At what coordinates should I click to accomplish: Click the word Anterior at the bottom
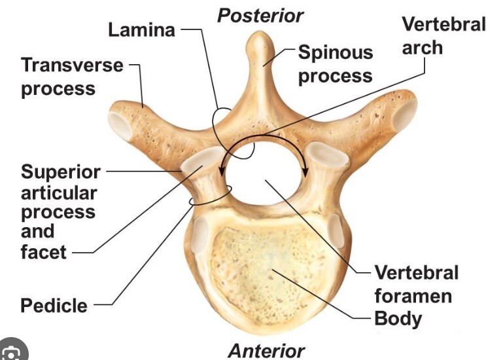pyautogui.click(x=266, y=350)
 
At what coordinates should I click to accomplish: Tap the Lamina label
pyautogui.click(x=141, y=29)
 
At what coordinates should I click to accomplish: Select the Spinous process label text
pyautogui.click(x=335, y=63)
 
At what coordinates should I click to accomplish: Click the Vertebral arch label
pyautogui.click(x=443, y=35)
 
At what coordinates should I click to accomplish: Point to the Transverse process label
pyautogui.click(x=72, y=76)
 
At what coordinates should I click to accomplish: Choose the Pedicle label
pyautogui.click(x=54, y=305)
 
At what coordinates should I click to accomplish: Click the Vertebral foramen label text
pyautogui.click(x=416, y=284)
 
